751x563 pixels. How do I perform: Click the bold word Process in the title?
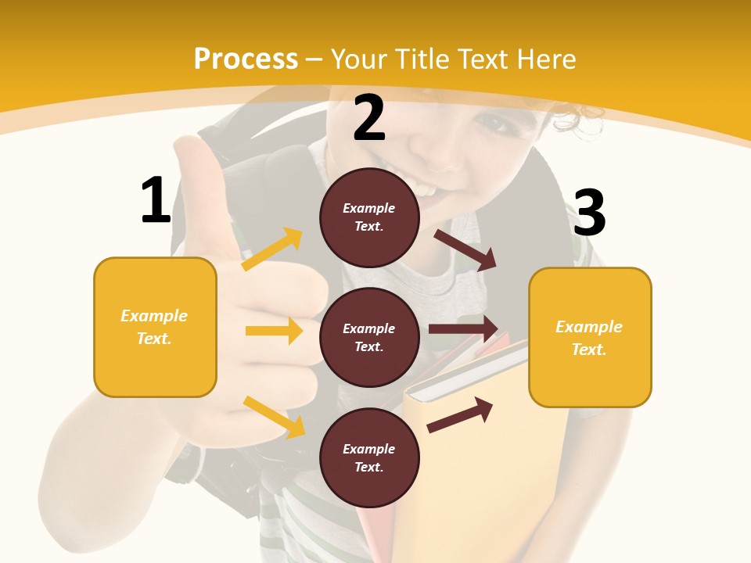click(246, 59)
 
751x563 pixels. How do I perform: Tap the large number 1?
click(156, 200)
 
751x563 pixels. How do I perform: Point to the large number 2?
click(369, 119)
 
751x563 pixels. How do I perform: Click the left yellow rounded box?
click(155, 327)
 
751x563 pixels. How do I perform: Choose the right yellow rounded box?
click(590, 338)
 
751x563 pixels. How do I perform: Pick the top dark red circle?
click(369, 217)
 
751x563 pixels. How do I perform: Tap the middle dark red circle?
click(369, 338)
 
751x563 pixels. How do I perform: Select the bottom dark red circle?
click(369, 458)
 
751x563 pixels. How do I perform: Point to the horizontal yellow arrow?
click(274, 331)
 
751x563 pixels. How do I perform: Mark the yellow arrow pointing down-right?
click(274, 417)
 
